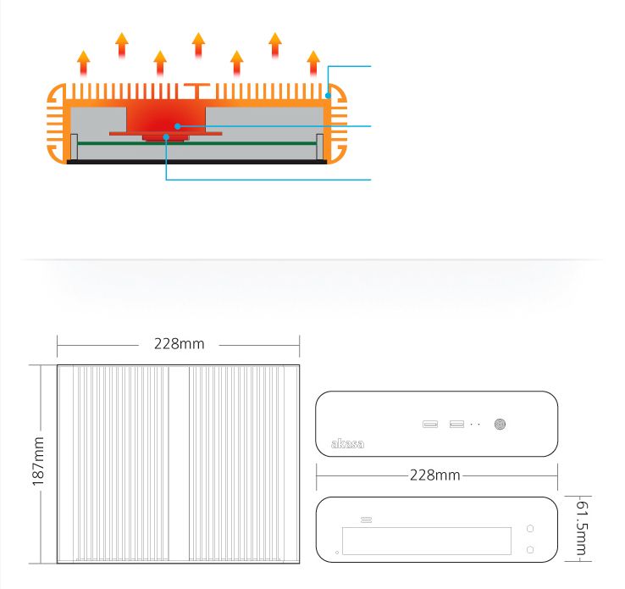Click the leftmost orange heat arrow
(83, 63)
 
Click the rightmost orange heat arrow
(313, 63)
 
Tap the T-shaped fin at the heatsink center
(197, 91)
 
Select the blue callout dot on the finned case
(328, 96)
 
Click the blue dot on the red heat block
(177, 126)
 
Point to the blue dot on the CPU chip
(166, 137)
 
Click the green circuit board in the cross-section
(197, 143)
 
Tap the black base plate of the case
(197, 162)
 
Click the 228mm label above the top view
(179, 344)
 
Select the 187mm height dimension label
(38, 461)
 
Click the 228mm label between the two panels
(434, 475)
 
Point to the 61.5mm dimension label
(582, 528)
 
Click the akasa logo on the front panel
(347, 443)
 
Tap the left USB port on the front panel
(430, 424)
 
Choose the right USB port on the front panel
(456, 424)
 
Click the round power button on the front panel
(500, 424)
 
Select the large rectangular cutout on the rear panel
(427, 541)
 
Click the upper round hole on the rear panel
(530, 528)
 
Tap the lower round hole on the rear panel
(530, 550)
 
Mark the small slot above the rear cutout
(367, 520)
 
